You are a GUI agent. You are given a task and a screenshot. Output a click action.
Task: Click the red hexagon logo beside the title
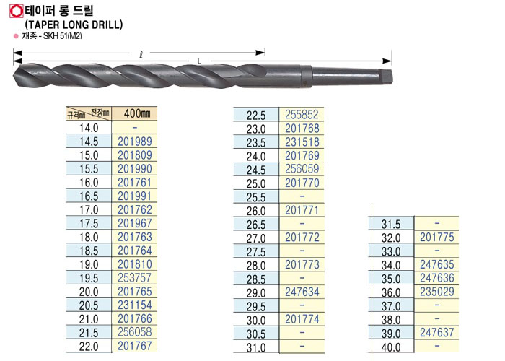pos(16,11)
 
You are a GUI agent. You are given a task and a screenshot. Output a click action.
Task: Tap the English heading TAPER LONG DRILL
pos(74,25)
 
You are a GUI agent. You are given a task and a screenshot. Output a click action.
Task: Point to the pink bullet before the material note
pos(16,36)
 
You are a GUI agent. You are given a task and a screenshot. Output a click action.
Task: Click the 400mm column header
pos(137,113)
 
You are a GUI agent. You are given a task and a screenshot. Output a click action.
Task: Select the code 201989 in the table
pos(135,142)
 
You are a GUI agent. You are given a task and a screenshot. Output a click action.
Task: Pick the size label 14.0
pos(89,128)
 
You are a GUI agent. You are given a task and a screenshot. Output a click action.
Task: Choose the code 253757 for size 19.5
pos(135,278)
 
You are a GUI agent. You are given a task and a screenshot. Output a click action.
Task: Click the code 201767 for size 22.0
pos(135,346)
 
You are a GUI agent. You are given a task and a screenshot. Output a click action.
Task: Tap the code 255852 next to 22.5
pos(302,115)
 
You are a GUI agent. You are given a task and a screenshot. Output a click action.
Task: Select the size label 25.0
pos(256,183)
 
